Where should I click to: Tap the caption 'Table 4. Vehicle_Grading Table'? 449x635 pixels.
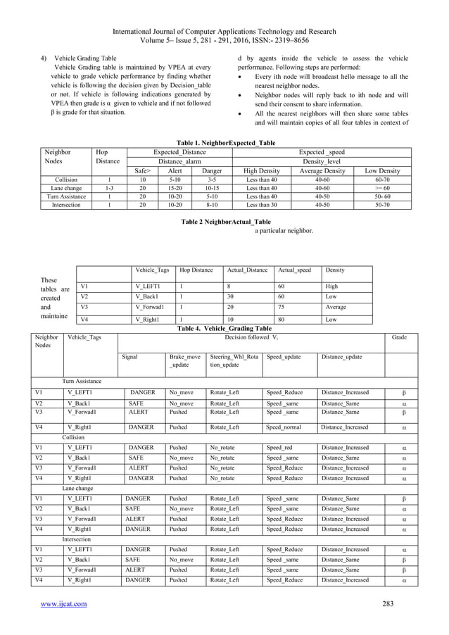(x=224, y=328)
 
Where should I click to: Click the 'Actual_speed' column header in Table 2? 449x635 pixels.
(x=294, y=270)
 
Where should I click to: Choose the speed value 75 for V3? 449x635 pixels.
(x=282, y=306)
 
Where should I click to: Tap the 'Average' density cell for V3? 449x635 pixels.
(x=336, y=306)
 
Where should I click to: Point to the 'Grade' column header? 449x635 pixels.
(x=399, y=337)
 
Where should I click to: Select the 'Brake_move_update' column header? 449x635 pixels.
(x=184, y=360)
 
